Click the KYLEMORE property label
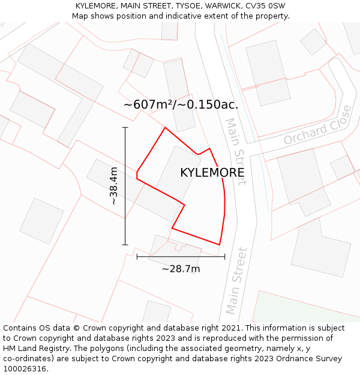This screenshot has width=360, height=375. (x=212, y=173)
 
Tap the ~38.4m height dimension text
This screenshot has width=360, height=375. (x=114, y=186)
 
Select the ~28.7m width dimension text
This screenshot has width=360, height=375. (x=181, y=269)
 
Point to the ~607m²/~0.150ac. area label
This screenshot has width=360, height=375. (x=181, y=104)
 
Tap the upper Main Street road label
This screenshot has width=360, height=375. (x=235, y=151)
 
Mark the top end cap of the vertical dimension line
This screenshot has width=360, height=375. (x=125, y=127)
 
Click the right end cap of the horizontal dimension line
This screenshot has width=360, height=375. (x=225, y=256)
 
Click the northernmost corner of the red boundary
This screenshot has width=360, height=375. (x=165, y=127)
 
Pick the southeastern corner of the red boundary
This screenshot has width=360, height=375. (x=219, y=245)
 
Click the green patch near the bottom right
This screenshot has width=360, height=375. (x=306, y=306)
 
